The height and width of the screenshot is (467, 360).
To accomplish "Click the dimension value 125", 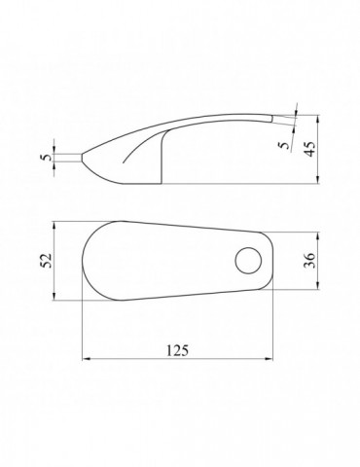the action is [177, 350].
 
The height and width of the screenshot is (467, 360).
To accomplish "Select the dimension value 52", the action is [48, 261].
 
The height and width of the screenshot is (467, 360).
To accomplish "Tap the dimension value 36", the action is [309, 261].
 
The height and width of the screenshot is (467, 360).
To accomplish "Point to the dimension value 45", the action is [310, 149].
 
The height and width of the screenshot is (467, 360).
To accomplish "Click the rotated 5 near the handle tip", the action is [284, 144].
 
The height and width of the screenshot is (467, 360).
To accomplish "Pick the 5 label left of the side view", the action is [47, 158].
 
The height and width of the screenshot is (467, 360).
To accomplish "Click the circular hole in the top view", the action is [248, 261].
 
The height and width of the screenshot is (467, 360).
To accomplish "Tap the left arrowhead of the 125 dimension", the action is [86, 359].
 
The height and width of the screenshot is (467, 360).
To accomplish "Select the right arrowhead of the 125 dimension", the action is [270, 359].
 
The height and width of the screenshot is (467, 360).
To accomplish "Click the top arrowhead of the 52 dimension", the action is [54, 225].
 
